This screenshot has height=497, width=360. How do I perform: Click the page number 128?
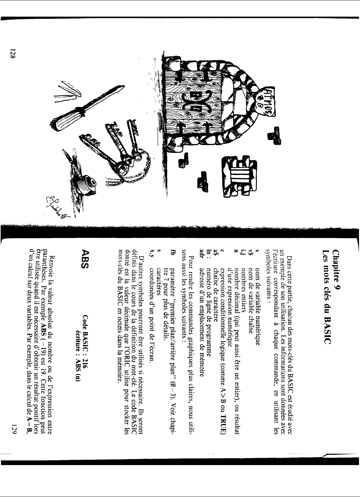[x=13, y=53]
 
